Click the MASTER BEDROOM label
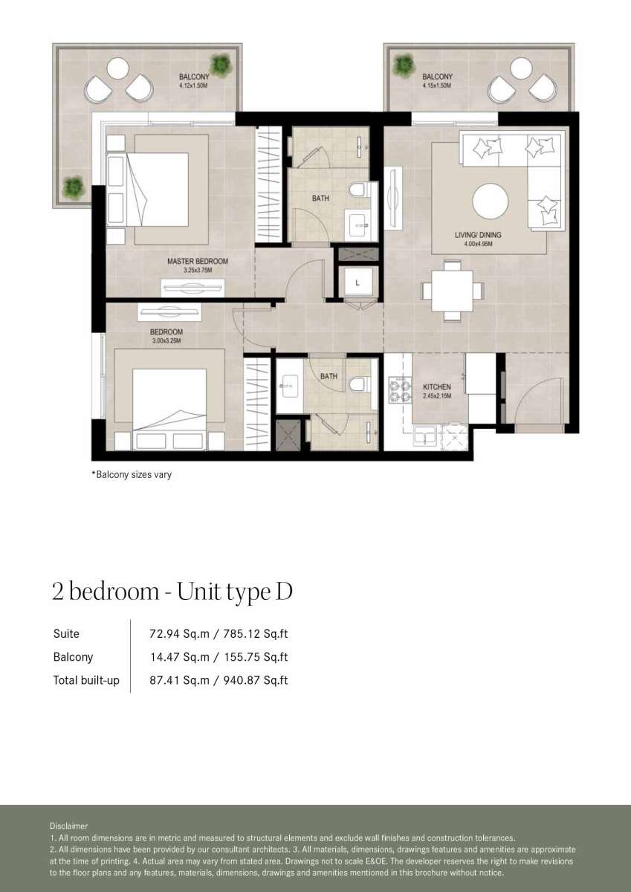198,261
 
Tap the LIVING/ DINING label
478,235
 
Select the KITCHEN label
437,387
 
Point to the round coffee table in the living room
490,201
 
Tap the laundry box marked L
357,282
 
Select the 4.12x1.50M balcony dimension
193,85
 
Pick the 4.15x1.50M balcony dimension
437,85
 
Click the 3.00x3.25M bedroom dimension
166,340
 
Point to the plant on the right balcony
404,65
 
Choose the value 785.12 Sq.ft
255,634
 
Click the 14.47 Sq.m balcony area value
180,657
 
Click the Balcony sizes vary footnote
132,474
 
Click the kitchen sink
425,436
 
